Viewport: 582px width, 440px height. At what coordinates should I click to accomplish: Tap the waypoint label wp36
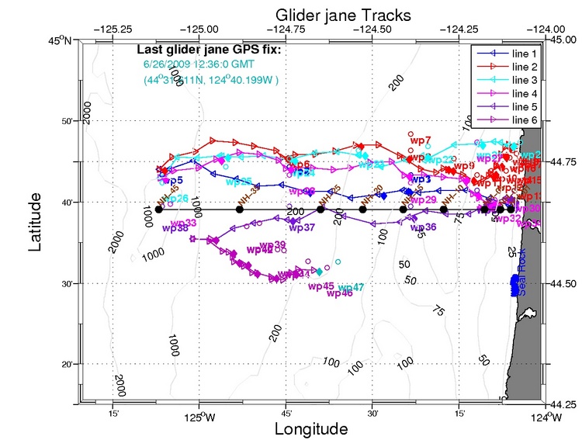(x=423, y=227)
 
